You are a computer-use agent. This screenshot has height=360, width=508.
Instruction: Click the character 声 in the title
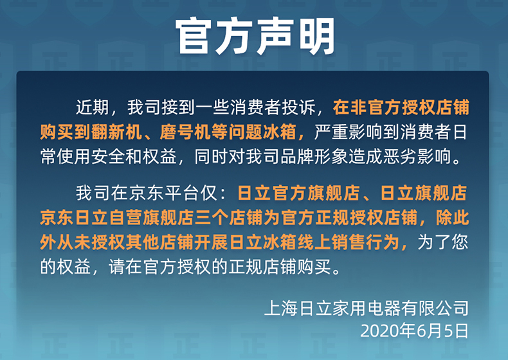[x=275, y=36]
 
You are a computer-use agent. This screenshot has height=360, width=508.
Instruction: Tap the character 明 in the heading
[x=316, y=36]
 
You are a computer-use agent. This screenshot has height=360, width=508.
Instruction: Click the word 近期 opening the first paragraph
[x=93, y=107]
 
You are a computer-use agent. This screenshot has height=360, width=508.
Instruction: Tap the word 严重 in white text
[x=331, y=132]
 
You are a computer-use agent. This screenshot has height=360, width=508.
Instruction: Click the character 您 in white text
[x=460, y=242]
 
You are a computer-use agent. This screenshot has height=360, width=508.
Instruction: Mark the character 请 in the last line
[x=117, y=267]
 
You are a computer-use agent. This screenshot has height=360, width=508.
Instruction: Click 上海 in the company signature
[x=281, y=308]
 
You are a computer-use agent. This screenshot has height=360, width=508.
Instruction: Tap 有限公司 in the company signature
[x=435, y=308]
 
